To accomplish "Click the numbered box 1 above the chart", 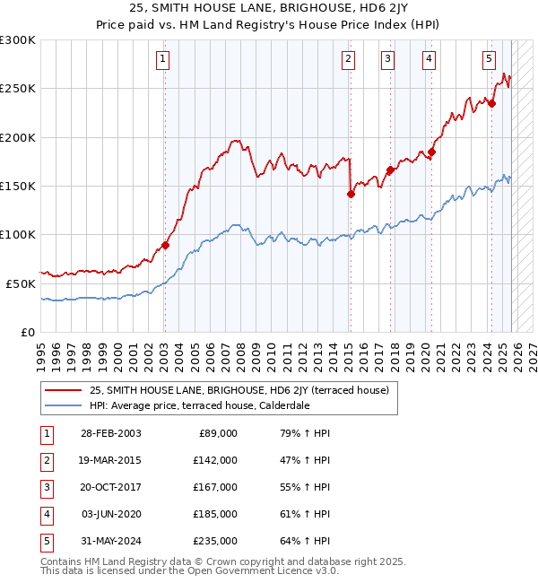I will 163,59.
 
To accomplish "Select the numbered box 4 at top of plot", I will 430,59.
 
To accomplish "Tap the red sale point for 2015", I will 351,194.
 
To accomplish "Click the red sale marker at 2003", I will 165,245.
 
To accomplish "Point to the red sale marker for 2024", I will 491,103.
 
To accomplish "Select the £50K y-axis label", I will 21,283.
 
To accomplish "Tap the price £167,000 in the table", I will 215,487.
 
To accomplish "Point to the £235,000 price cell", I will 215,541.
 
